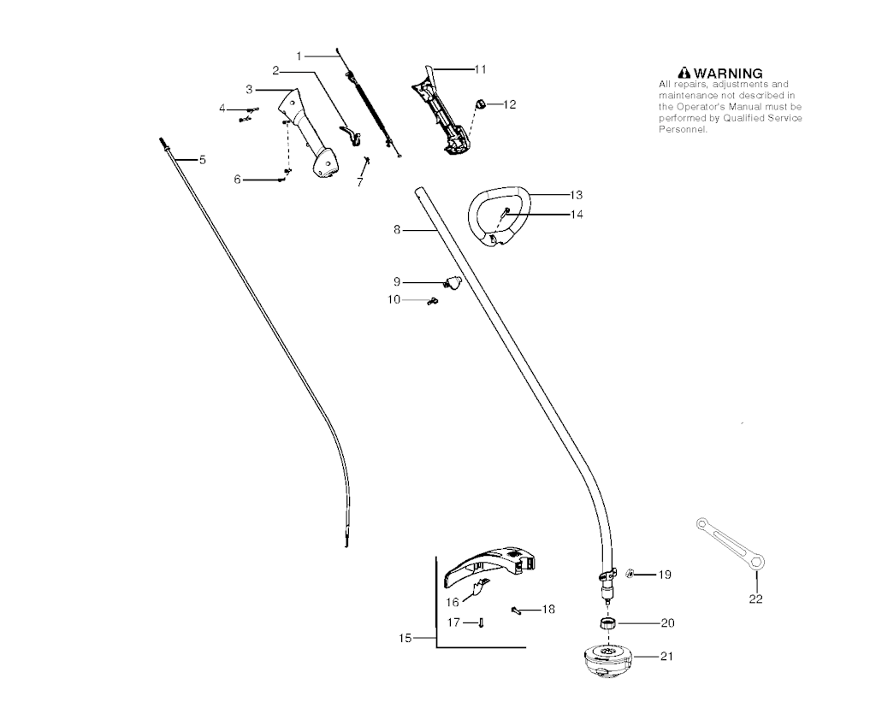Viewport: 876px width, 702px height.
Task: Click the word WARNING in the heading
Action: (x=728, y=74)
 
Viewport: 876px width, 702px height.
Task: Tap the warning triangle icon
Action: (x=684, y=74)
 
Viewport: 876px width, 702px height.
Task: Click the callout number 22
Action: (x=755, y=599)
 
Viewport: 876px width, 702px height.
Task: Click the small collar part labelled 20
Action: (x=607, y=623)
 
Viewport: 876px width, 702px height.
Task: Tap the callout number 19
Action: (x=664, y=575)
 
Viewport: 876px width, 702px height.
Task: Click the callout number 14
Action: (x=576, y=215)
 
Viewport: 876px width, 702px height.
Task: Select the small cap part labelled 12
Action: (x=479, y=103)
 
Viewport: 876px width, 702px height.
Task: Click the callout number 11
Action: (x=480, y=69)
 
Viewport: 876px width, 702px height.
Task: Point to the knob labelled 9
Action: (x=453, y=282)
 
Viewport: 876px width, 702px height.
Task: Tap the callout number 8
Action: (x=397, y=229)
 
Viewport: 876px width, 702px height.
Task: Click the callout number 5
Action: (x=202, y=160)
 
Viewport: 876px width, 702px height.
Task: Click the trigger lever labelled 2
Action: (x=350, y=135)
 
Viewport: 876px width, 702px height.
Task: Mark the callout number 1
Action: (x=299, y=56)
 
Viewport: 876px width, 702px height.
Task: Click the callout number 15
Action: (x=405, y=638)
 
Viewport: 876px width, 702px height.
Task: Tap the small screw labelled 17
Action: (x=481, y=622)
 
